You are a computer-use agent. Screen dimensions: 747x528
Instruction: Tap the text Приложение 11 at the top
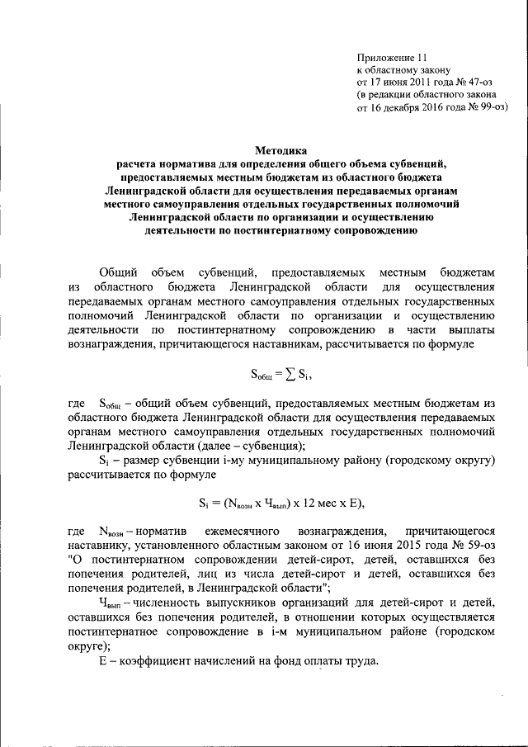tap(392, 58)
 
